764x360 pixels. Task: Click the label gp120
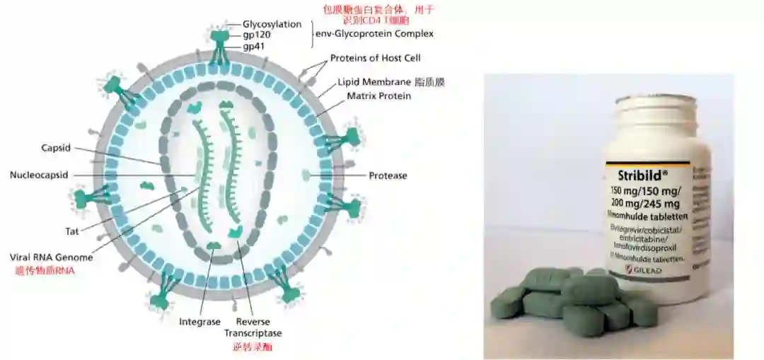click(x=257, y=35)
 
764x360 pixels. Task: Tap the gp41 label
click(x=254, y=46)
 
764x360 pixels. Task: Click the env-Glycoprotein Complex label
click(x=374, y=33)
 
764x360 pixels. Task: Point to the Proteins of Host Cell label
click(x=375, y=58)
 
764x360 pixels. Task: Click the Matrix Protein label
click(x=378, y=95)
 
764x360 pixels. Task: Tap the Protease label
click(x=388, y=175)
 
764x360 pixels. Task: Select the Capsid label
click(x=56, y=148)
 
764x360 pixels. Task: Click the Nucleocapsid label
click(x=39, y=175)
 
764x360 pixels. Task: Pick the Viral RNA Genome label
click(x=51, y=257)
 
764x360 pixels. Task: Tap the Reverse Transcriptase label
click(x=253, y=327)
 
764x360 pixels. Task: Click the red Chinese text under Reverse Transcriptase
click(x=253, y=347)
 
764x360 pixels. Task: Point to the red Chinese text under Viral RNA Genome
click(x=45, y=270)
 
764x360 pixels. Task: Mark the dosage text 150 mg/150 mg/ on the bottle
click(x=645, y=191)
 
